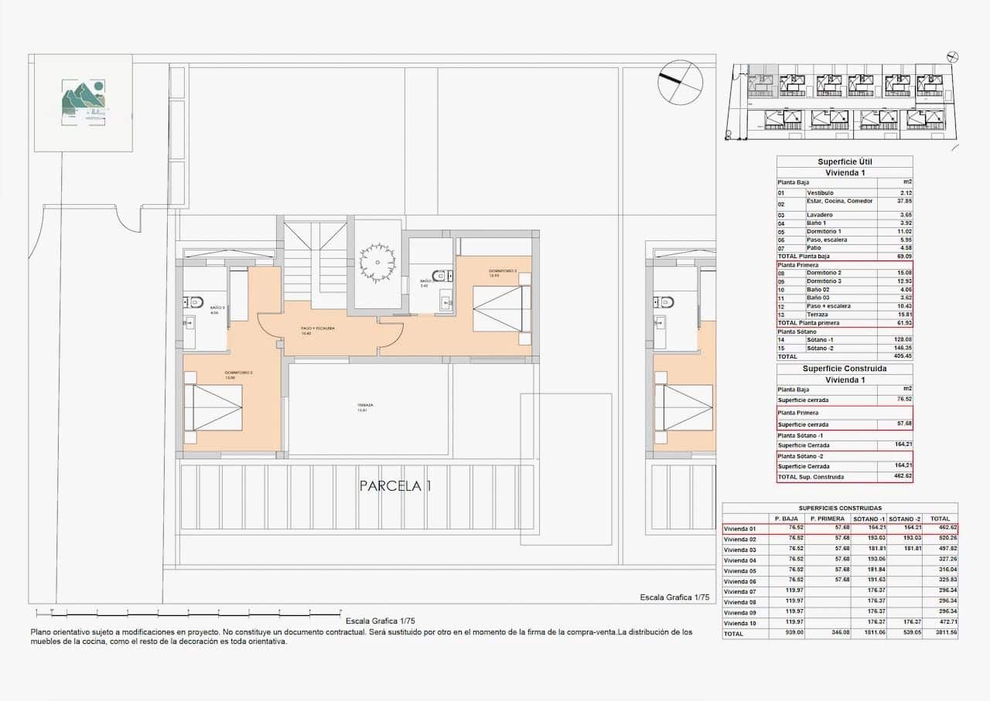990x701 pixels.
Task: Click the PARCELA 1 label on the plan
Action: [395, 486]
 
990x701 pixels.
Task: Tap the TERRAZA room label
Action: [365, 407]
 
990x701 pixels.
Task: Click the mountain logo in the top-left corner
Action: [84, 103]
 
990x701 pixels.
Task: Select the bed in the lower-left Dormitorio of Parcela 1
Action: [214, 408]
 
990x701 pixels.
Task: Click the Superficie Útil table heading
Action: [845, 162]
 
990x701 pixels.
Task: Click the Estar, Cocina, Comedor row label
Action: [840, 201]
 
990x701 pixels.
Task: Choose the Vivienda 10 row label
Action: [740, 623]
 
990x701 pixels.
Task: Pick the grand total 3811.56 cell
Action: [942, 634]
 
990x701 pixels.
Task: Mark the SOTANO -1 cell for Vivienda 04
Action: [869, 560]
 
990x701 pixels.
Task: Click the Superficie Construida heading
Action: [845, 369]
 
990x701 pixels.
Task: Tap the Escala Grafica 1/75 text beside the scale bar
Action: [380, 621]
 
